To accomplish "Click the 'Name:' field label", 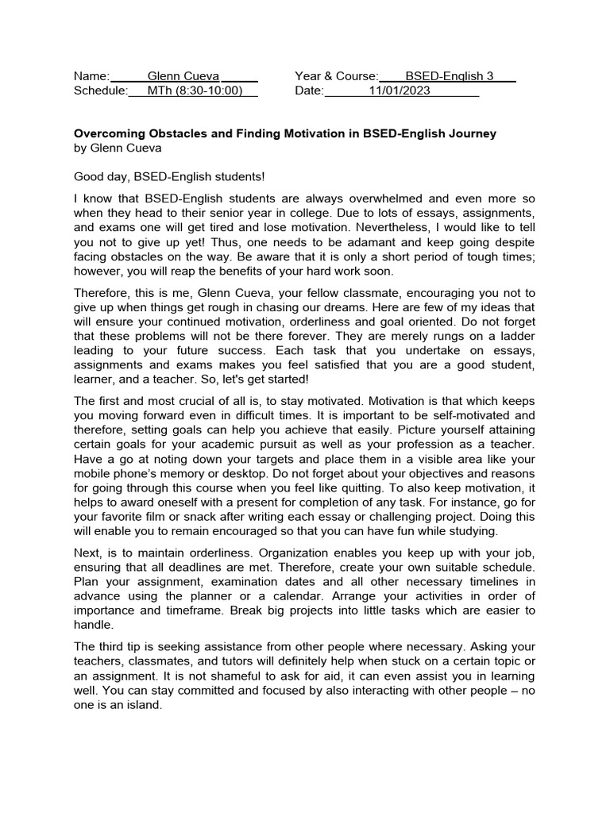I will tap(91, 76).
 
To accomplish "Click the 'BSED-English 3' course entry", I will tap(449, 76).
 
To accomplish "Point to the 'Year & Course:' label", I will tap(337, 76).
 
